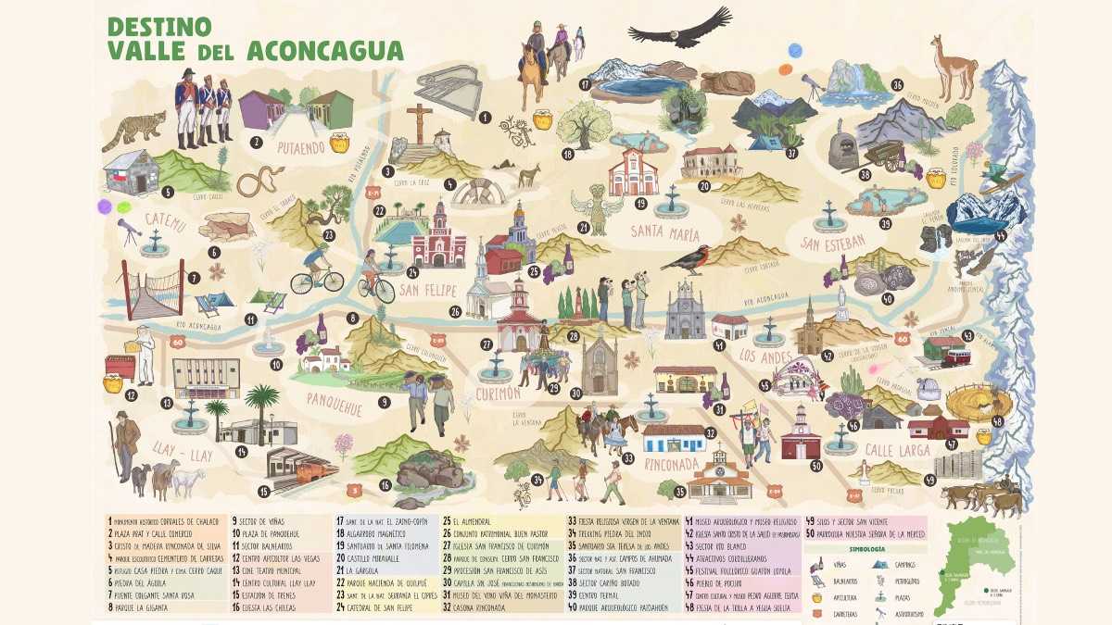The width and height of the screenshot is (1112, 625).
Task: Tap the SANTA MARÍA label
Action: [664, 231]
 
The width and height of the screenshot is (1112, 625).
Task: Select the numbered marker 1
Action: [485, 118]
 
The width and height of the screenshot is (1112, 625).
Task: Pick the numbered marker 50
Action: [815, 466]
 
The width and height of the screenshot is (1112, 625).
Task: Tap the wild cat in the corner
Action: [133, 131]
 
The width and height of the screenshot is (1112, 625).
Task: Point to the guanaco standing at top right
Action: [954, 69]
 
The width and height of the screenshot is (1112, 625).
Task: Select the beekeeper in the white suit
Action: [145, 352]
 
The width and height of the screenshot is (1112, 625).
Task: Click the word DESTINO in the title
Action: [158, 25]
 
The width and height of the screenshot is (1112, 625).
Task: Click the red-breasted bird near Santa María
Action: [687, 260]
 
